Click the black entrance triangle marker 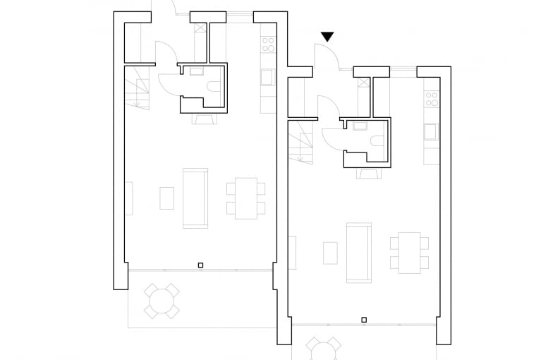pos(327,37)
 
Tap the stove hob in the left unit pos(268,44)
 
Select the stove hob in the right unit pos(431,98)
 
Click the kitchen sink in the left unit pos(268,76)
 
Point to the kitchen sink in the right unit pos(431,131)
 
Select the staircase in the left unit pos(139,88)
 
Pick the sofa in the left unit pos(195,198)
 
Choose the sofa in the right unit pos(358,252)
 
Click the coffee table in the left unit pos(166,198)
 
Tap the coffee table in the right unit pos(330,252)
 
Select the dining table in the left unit pos(246,198)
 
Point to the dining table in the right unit pos(409,252)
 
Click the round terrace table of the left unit pos(162,301)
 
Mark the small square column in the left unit pos(201,265)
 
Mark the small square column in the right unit pos(363,320)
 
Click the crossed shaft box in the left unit pos(201,29)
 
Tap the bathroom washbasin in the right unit pos(360,126)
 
